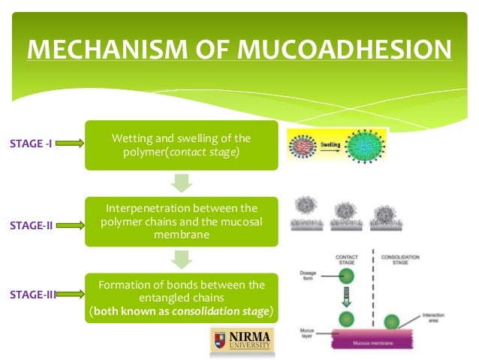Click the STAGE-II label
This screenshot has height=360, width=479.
[x=30, y=224]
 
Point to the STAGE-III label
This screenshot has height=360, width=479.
[x=32, y=295]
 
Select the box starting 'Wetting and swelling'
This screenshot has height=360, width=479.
[x=181, y=145]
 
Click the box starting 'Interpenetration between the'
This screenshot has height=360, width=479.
[x=181, y=222]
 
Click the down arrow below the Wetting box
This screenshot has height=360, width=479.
[x=181, y=183]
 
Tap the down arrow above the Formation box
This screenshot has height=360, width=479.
[x=181, y=259]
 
